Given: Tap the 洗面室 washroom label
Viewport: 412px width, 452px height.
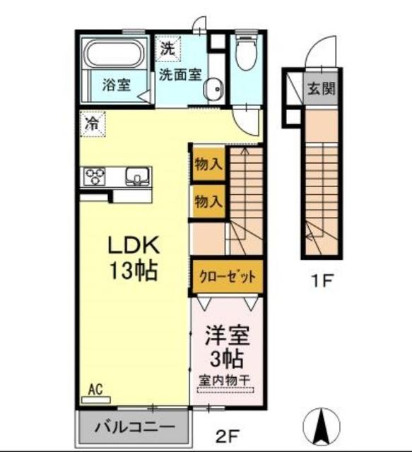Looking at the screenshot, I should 180,73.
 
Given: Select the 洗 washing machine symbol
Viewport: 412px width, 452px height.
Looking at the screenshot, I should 167,49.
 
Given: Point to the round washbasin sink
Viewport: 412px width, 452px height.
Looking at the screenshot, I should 214,89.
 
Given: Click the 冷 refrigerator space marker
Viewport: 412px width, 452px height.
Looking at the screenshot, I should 92,123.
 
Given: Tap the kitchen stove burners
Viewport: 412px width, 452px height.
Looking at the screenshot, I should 94,175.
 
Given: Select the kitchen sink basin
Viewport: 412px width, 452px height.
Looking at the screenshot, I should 138,175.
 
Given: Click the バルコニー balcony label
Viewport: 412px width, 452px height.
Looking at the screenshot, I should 134,427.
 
